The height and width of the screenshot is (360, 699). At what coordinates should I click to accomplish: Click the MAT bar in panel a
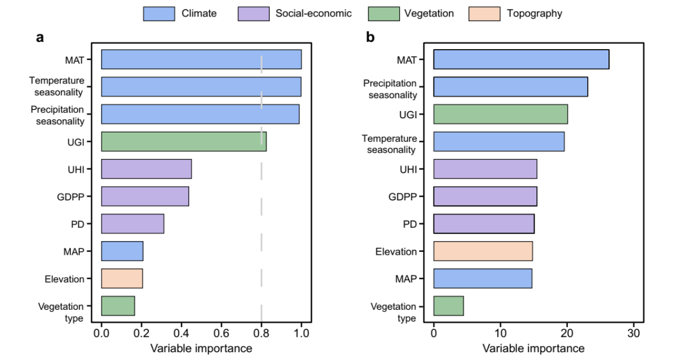coord(201,60)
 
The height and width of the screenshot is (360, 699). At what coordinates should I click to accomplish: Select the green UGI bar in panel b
coord(500,114)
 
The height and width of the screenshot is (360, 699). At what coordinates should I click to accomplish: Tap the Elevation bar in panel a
coord(122,278)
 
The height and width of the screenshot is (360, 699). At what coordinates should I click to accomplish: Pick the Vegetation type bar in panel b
coord(448,306)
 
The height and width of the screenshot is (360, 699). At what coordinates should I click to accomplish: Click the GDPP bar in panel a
coord(145,196)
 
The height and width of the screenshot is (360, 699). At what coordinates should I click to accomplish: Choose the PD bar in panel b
coord(484,224)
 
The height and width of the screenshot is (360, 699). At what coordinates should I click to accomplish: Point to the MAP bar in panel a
coord(122,251)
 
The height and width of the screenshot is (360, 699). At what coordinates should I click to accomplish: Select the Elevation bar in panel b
coord(483,251)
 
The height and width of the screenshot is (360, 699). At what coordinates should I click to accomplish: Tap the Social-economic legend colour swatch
coord(253,13)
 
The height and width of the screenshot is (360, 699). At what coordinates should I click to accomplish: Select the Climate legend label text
coord(199,13)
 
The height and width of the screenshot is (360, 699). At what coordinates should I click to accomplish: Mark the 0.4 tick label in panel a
coord(181,333)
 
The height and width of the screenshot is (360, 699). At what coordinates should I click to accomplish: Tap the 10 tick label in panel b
coord(500,333)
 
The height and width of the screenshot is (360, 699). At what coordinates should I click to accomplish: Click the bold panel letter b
coord(371,38)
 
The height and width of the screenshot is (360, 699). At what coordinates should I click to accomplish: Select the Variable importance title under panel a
coord(201,349)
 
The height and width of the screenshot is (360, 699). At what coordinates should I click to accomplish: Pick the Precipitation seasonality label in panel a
coord(57,115)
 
